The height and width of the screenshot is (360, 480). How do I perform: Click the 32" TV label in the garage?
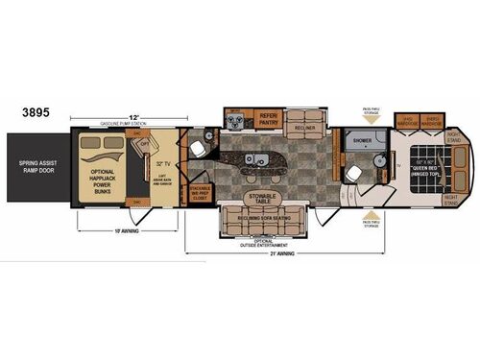163,162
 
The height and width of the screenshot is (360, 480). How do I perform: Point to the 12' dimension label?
114,117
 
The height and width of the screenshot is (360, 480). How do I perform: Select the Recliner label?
304,127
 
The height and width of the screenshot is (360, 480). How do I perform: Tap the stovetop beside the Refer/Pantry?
235,118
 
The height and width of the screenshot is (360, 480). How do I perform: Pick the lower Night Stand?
451,199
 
